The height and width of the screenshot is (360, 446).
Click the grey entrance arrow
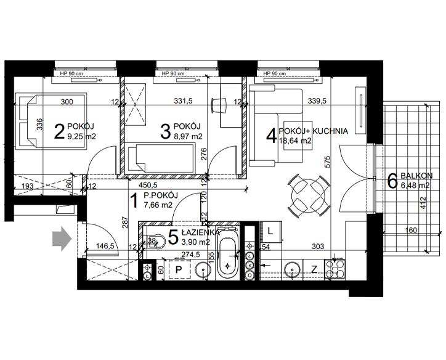62,239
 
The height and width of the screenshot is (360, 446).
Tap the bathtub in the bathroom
227,254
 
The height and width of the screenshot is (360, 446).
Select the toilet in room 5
155,242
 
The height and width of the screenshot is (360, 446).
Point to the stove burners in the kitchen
335,269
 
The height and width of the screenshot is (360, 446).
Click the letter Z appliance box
314,269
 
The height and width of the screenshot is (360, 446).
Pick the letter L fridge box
270,232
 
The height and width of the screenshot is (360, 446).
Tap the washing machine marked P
179,269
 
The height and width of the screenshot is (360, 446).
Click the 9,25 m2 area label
82,136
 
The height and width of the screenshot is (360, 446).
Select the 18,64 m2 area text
295,141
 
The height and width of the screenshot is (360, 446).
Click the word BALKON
416,176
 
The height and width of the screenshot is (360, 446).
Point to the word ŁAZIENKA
201,232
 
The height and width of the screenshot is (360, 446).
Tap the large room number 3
166,132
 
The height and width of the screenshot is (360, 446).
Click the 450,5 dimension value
148,186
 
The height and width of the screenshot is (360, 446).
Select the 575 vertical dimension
327,162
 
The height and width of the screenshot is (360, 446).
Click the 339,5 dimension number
317,100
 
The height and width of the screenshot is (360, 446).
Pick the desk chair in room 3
219,105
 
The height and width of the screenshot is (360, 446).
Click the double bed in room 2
51,121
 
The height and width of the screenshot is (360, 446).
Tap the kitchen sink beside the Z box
293,269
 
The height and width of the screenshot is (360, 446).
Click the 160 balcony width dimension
411,230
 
